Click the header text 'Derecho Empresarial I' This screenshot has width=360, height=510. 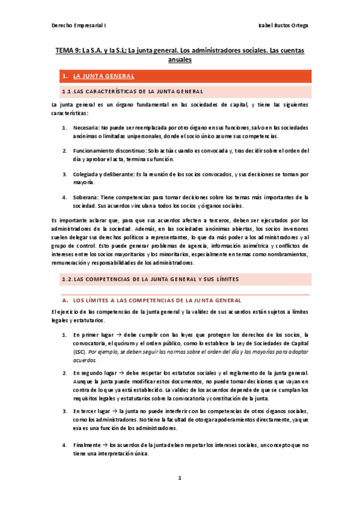point(77,25)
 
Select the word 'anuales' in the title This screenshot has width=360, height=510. point(180,61)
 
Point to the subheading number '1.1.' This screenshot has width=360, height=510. point(67,91)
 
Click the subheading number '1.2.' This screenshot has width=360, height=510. point(67,279)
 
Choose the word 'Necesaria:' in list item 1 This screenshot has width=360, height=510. point(87,128)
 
